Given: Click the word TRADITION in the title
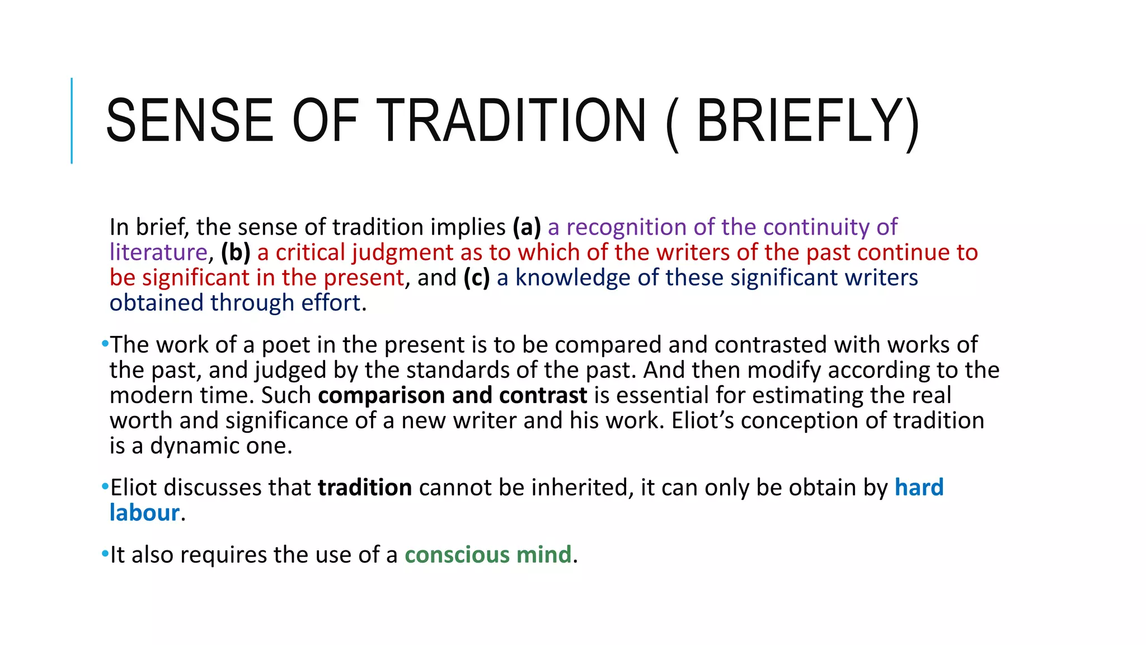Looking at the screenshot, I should tap(514, 121).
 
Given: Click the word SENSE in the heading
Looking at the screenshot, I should tap(190, 121).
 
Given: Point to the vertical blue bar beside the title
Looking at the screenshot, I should tap(72, 120).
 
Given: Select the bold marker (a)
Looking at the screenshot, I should tap(527, 227).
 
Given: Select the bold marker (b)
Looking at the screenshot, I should tap(236, 253).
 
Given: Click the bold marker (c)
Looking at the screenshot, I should tap(476, 278).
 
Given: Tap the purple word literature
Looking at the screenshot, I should tap(158, 253).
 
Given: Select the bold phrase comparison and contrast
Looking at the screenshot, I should tap(452, 395).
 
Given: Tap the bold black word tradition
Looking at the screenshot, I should tap(365, 488).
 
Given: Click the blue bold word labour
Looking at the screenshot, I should tap(144, 513).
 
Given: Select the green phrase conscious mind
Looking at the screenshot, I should tap(488, 555).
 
